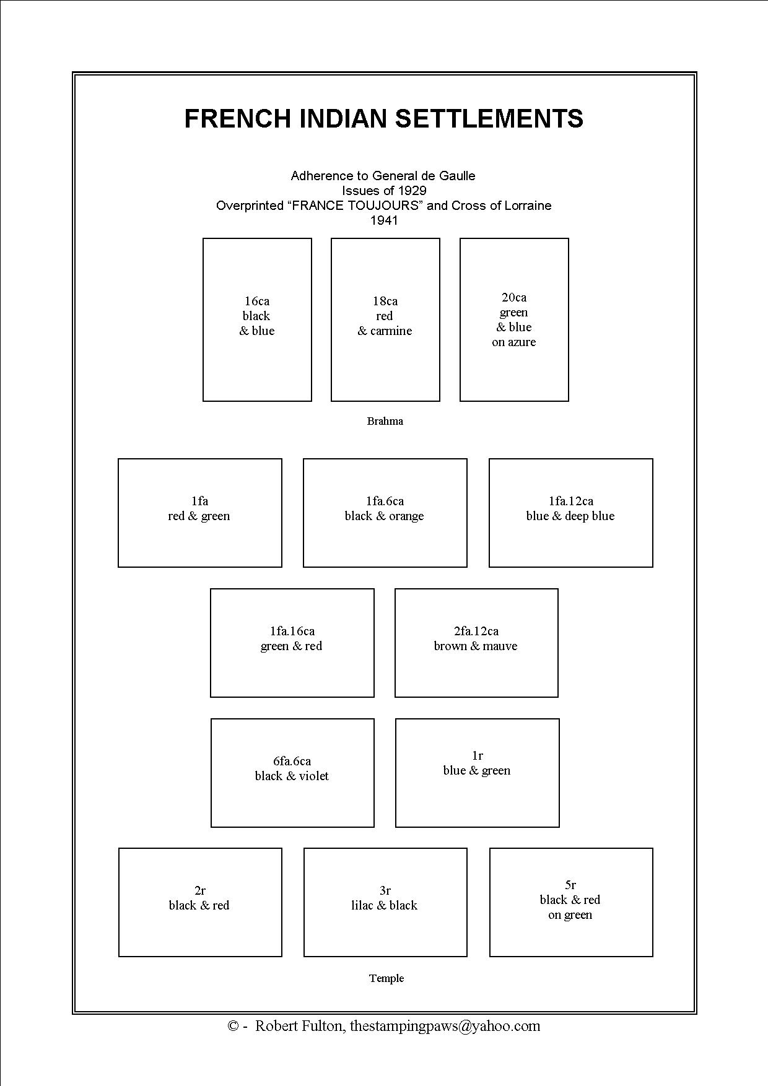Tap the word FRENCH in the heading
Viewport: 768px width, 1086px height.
pos(237,118)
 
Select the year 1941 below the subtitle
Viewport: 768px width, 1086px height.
pos(384,220)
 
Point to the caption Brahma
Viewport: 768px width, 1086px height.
pos(385,421)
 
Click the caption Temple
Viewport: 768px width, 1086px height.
pos(386,978)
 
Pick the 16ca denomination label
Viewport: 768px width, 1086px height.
pos(257,301)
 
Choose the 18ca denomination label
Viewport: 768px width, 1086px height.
pos(385,301)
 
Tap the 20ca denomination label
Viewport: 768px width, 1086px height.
pos(514,297)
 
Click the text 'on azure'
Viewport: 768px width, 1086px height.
pos(514,342)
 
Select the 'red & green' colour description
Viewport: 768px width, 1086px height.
pos(199,516)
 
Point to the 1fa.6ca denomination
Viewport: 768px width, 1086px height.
pos(385,501)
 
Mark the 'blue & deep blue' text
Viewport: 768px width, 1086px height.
pos(570,516)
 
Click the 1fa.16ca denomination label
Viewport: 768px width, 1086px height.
pos(292,631)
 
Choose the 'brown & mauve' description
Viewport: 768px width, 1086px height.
pos(476,646)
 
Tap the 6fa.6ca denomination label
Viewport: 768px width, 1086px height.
pos(292,761)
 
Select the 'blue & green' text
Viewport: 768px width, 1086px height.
pos(477,770)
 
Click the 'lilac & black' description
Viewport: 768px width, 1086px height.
pos(385,905)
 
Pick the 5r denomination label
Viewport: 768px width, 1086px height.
pos(570,885)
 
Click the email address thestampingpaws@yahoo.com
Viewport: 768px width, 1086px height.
pos(445,1026)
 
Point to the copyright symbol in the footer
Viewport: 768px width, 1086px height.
pos(233,1027)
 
